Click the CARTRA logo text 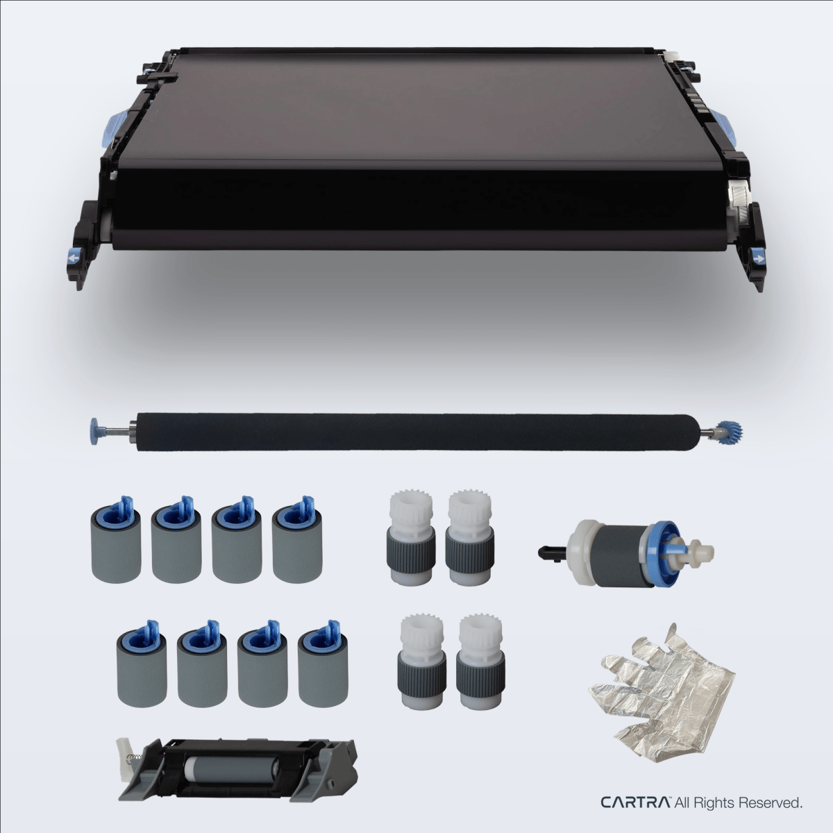tap(635, 802)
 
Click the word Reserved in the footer tap(770, 802)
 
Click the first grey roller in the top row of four tap(117, 539)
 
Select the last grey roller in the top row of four tap(297, 539)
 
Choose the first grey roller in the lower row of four tap(142, 664)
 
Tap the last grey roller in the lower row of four tap(323, 664)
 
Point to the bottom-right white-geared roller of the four tap(480, 661)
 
